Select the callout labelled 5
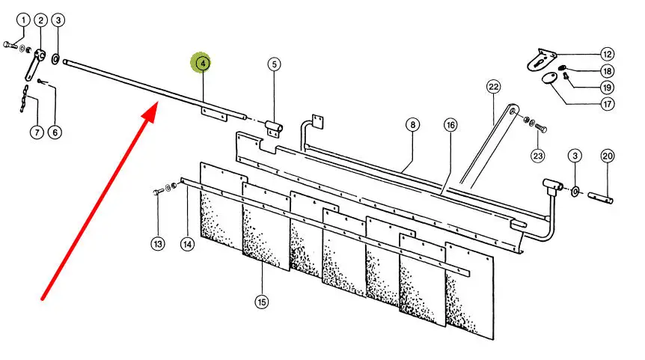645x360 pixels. pyautogui.click(x=275, y=64)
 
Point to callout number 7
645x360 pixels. pyautogui.click(x=35, y=133)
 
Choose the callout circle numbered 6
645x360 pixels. pyautogui.click(x=55, y=133)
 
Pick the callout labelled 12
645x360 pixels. pyautogui.click(x=607, y=54)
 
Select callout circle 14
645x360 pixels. pyautogui.click(x=187, y=244)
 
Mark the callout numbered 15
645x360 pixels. pyautogui.click(x=261, y=302)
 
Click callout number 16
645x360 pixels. pyautogui.click(x=450, y=124)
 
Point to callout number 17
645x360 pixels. pyautogui.click(x=607, y=104)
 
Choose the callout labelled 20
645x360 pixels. pyautogui.click(x=607, y=156)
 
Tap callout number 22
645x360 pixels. pyautogui.click(x=493, y=87)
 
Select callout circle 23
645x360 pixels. pyautogui.click(x=538, y=156)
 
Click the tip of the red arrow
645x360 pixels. pyautogui.click(x=155, y=108)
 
